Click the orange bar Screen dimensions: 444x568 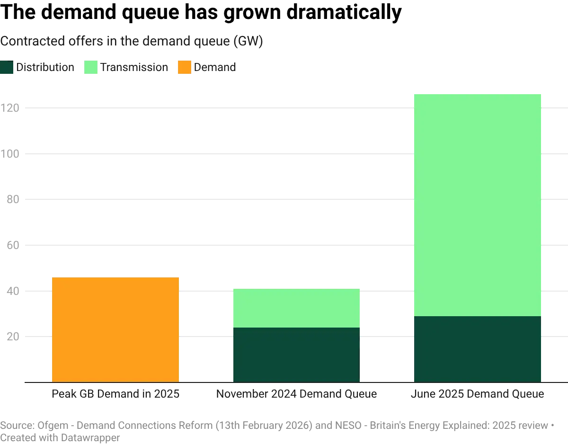point(115,329)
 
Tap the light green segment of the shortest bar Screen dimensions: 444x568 point(295,308)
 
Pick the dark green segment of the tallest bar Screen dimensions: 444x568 point(477,348)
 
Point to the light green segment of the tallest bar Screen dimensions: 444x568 point(477,204)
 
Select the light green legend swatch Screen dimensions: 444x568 point(91,68)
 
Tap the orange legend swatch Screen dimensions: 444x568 point(185,68)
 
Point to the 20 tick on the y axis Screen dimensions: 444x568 point(10,335)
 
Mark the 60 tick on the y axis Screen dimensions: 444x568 point(10,244)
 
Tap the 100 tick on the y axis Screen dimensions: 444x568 point(10,153)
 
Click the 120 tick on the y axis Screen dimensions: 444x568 point(10,108)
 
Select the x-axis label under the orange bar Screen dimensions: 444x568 point(115,394)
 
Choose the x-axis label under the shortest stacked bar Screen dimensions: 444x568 point(295,394)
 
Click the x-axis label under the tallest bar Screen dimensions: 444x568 point(477,394)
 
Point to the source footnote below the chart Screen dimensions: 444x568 point(275,428)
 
